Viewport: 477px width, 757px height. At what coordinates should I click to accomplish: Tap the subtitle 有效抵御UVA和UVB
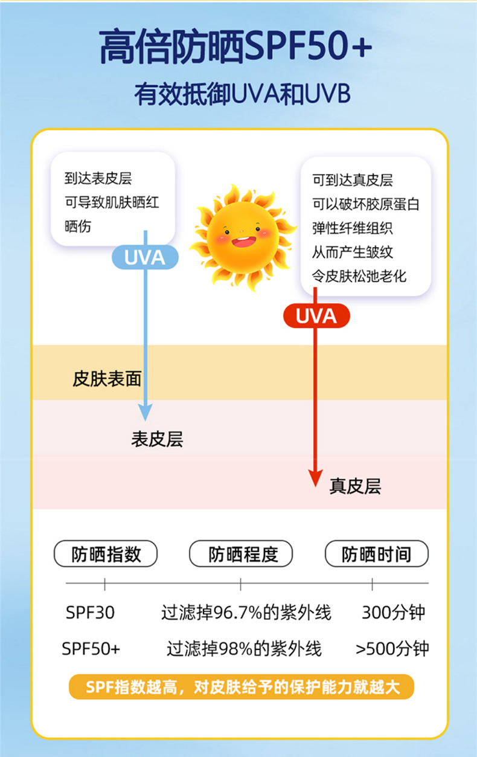(x=242, y=95)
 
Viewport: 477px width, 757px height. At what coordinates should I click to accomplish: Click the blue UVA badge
(x=145, y=258)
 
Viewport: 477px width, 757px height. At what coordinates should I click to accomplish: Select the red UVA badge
(x=316, y=316)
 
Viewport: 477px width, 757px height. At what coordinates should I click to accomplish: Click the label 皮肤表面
(x=107, y=379)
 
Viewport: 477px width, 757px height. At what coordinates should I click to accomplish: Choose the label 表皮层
(x=157, y=439)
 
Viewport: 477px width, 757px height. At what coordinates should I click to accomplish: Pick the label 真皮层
(x=355, y=486)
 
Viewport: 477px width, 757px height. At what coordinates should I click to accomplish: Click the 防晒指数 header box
(x=106, y=554)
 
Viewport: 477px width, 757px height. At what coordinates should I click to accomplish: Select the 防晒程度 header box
(x=241, y=554)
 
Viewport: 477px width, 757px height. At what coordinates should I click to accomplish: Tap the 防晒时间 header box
(x=377, y=554)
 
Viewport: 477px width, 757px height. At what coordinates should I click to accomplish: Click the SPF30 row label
(x=90, y=613)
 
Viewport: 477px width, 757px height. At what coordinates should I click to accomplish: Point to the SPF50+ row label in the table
(x=91, y=649)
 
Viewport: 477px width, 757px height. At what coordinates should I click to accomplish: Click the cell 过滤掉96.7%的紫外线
(x=246, y=613)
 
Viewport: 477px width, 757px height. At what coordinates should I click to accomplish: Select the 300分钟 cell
(x=394, y=613)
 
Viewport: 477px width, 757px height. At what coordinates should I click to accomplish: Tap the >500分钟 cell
(x=392, y=649)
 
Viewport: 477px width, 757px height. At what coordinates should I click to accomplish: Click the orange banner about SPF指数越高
(x=242, y=686)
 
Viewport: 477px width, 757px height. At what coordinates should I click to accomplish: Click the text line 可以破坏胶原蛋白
(x=365, y=204)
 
